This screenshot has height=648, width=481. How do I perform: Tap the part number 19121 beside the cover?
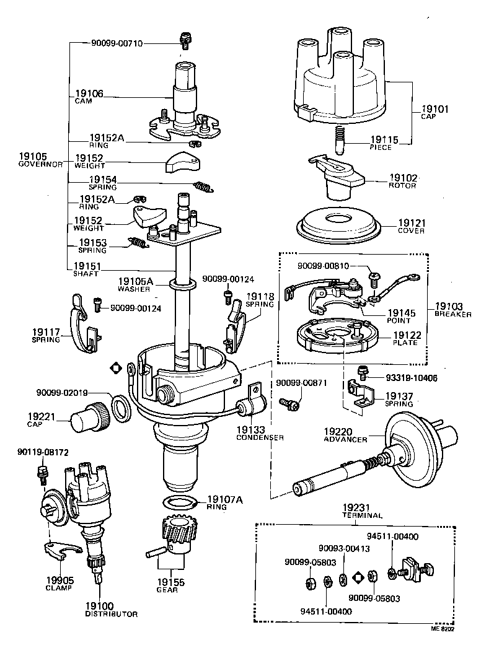pos(412,223)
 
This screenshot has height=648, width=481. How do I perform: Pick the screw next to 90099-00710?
pos(183,41)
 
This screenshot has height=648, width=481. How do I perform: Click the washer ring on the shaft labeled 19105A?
pos(181,284)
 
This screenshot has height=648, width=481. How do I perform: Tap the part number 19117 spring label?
pos(46,332)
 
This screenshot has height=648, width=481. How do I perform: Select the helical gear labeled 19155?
pos(179,535)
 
